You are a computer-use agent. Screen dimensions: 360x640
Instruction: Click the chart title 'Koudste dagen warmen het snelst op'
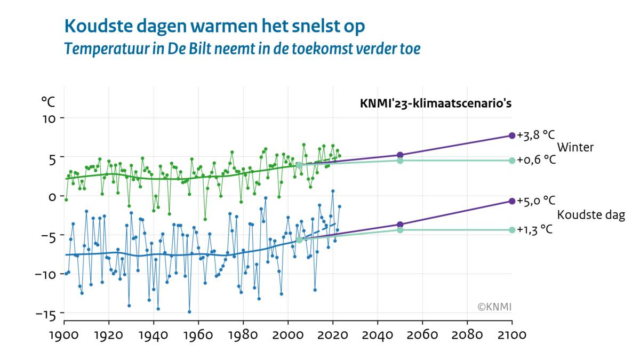pos(215,26)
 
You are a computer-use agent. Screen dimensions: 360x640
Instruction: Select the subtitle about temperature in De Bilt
pos(242,49)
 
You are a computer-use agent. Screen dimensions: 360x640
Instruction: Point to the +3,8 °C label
pos(536,135)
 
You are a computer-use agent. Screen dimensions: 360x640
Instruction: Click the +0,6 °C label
pos(536,160)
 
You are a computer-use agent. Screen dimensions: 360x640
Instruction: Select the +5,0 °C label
pos(536,201)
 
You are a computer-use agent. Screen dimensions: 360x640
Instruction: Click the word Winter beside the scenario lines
pos(575,148)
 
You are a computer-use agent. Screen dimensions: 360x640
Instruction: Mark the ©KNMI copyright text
pos(494,307)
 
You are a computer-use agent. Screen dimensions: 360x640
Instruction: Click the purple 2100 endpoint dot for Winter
pos(512,135)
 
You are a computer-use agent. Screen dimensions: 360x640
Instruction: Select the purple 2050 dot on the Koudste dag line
pos(400,225)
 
